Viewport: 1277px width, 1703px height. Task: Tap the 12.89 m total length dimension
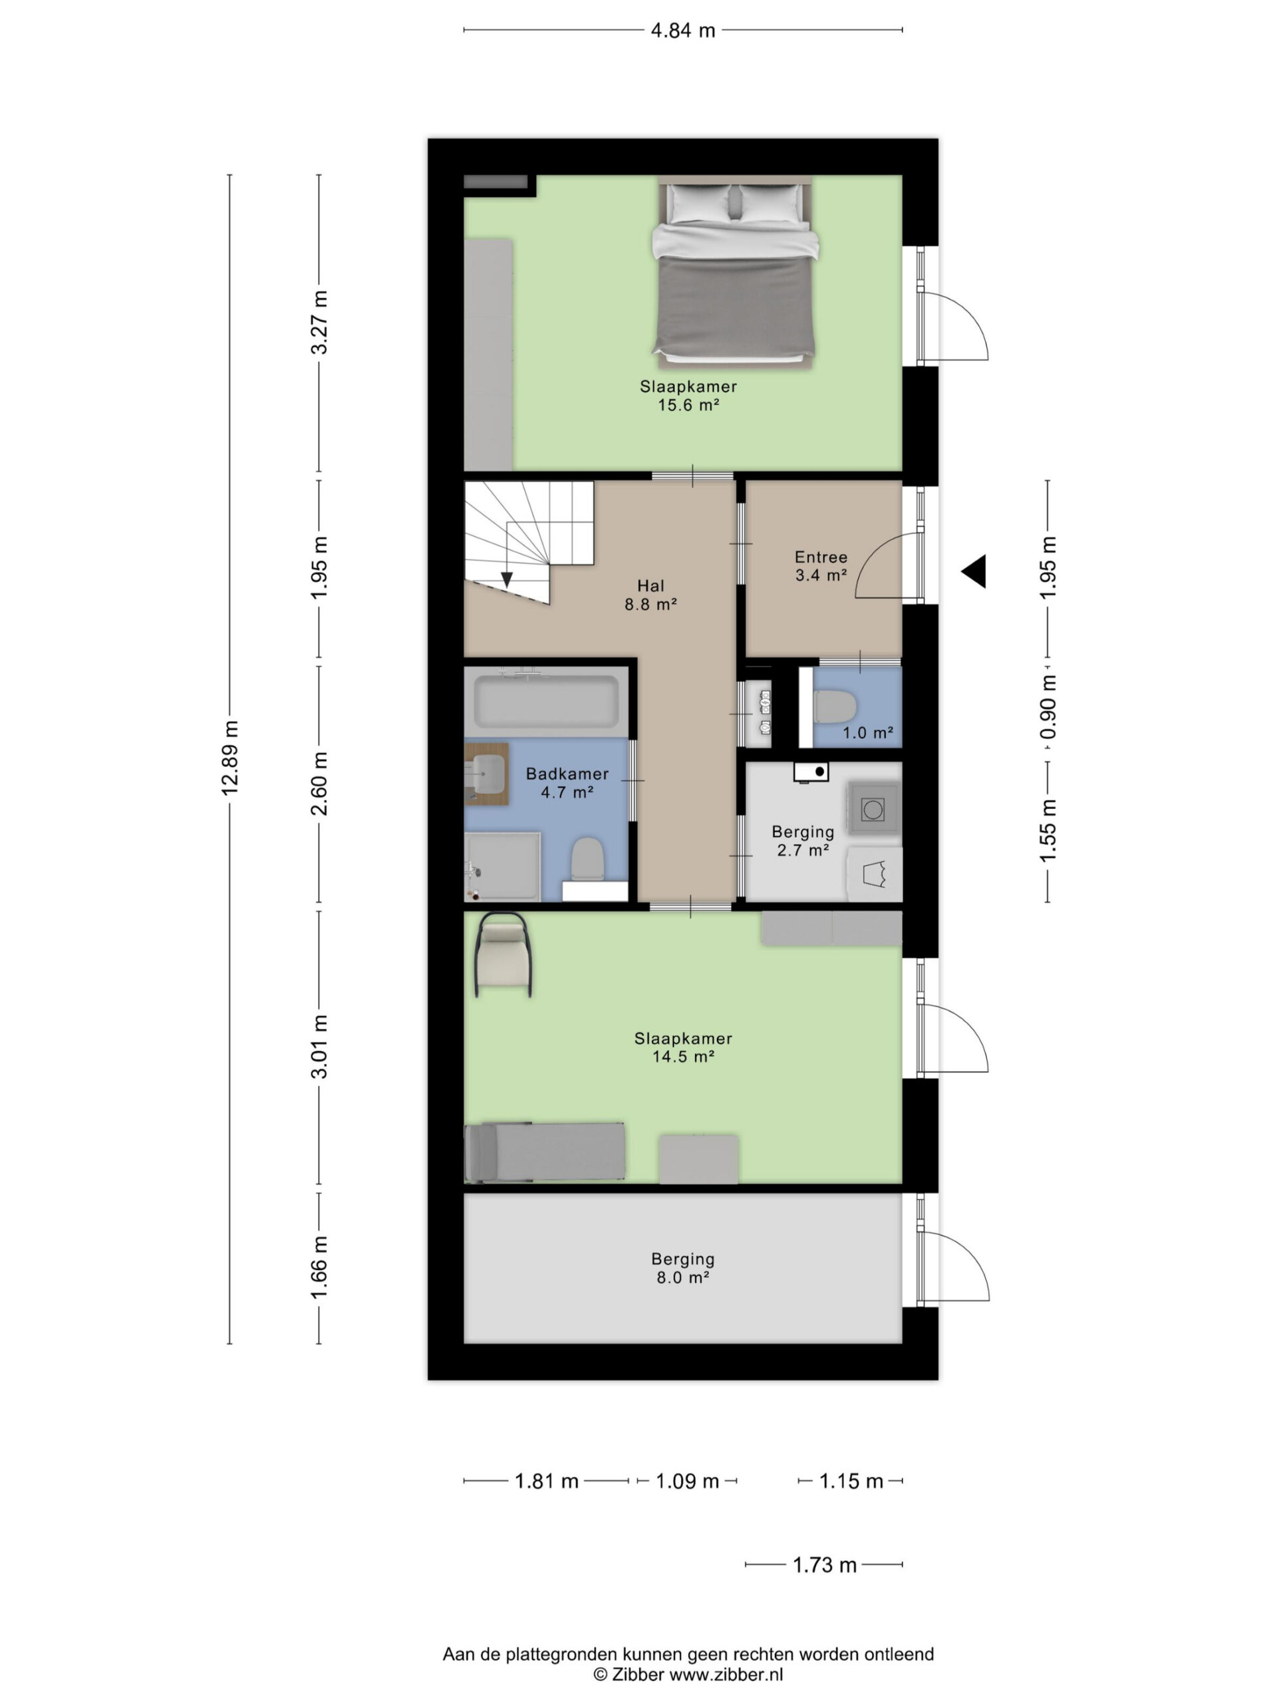click(230, 758)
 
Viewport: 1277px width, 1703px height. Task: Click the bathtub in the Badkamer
click(547, 700)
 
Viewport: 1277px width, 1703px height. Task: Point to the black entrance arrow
click(974, 571)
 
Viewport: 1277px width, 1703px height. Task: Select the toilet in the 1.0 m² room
click(835, 706)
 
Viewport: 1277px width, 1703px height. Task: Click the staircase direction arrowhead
click(507, 579)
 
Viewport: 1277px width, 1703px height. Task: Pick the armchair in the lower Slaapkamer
click(504, 955)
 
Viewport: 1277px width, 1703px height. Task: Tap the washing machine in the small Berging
click(873, 809)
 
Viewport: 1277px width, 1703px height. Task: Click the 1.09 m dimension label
click(686, 1481)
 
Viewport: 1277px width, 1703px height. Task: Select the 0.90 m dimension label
click(1048, 706)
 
